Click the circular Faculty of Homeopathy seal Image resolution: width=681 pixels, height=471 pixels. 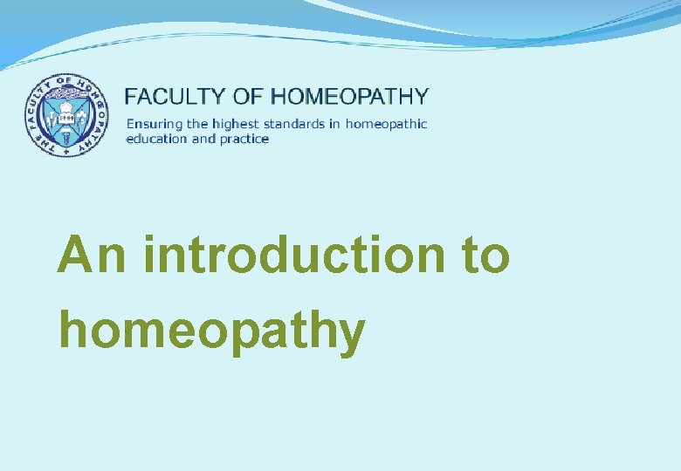(x=67, y=115)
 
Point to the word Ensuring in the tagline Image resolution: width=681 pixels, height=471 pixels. (x=150, y=124)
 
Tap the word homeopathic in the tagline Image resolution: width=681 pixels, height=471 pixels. (x=386, y=124)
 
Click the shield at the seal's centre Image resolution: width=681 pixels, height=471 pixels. (x=67, y=114)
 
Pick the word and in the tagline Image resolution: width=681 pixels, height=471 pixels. (x=203, y=139)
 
